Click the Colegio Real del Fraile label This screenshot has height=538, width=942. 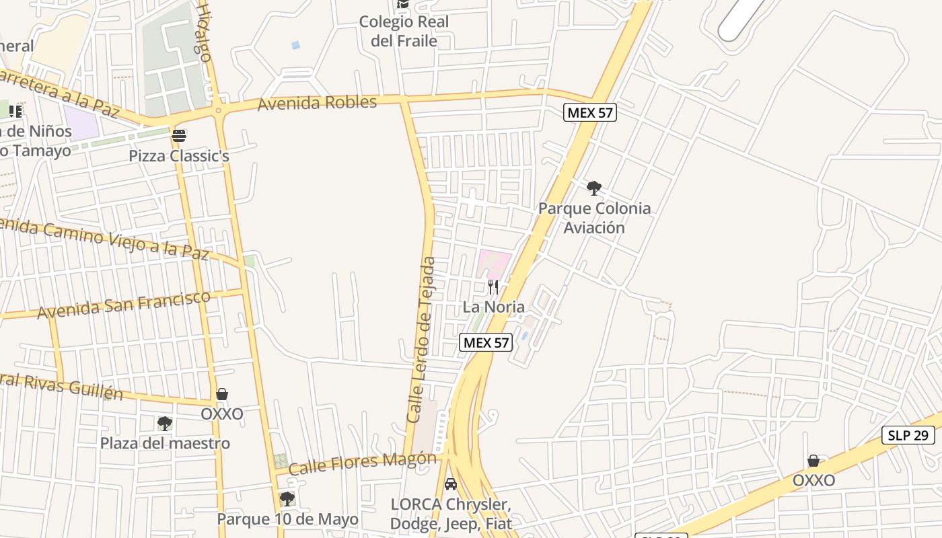404,31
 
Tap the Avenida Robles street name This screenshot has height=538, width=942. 318,103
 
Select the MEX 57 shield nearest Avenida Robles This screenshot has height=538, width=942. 590,112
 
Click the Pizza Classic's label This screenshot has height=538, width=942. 179,156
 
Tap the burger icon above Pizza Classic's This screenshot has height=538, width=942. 179,136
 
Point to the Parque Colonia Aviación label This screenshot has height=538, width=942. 594,217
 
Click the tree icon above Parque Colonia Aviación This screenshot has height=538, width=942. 593,188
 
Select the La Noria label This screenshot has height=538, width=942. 493,307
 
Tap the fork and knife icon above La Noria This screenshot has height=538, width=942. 493,287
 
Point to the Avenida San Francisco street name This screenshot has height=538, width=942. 124,305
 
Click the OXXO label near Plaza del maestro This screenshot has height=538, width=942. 222,414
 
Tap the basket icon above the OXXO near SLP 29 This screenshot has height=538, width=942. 813,461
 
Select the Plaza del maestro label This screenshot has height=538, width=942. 165,443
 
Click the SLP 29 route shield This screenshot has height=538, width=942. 908,435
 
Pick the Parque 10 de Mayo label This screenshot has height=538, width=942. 287,519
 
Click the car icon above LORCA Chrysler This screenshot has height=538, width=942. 451,484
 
